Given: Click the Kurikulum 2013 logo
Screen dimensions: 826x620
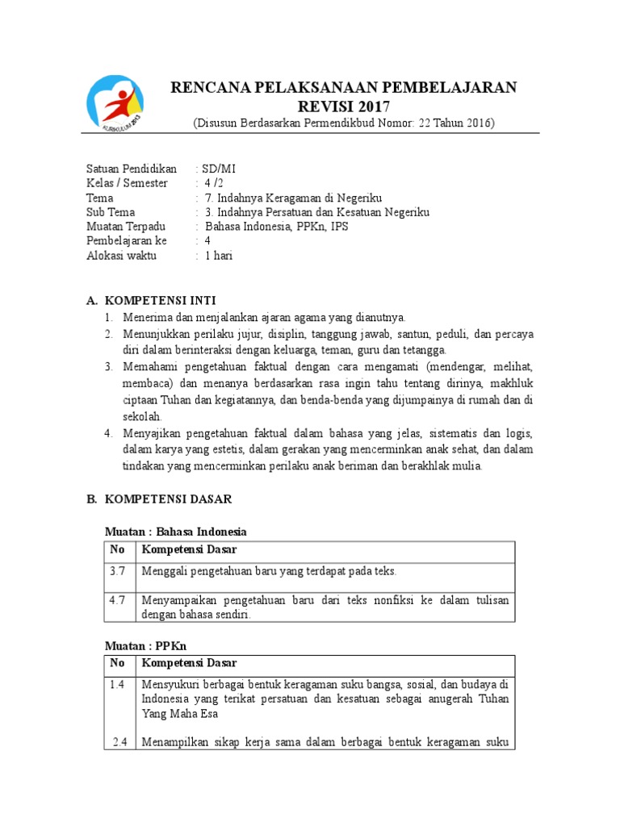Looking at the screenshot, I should pyautogui.click(x=115, y=103).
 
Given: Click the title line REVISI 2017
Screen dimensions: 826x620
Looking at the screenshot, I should pyautogui.click(x=343, y=106).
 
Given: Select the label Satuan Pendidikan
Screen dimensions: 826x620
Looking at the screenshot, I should pyautogui.click(x=132, y=169).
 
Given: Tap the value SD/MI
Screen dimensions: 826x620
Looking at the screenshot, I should pyautogui.click(x=219, y=169).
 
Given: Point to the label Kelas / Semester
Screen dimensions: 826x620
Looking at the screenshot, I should pyautogui.click(x=127, y=183).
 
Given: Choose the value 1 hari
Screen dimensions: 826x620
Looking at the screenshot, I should pyautogui.click(x=219, y=256).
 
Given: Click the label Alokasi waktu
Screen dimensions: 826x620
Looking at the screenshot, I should pyautogui.click(x=122, y=256).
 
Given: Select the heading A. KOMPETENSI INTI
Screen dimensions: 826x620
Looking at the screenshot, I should pyautogui.click(x=151, y=300).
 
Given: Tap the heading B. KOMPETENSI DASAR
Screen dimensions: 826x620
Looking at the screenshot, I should pyautogui.click(x=159, y=499).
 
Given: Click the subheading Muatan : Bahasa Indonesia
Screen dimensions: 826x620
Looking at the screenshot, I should pyautogui.click(x=176, y=532).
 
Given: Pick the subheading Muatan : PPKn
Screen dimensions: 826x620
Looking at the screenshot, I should pyautogui.click(x=145, y=646).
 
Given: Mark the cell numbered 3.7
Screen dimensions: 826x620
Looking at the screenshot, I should pyautogui.click(x=118, y=571).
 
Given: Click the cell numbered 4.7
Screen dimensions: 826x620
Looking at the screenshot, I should pyautogui.click(x=118, y=600).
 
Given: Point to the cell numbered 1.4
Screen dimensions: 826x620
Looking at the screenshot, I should pyautogui.click(x=118, y=685).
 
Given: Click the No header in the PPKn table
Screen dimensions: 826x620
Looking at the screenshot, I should pyautogui.click(x=118, y=664).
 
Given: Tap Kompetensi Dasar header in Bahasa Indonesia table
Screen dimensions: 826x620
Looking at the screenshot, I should pyautogui.click(x=189, y=550).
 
